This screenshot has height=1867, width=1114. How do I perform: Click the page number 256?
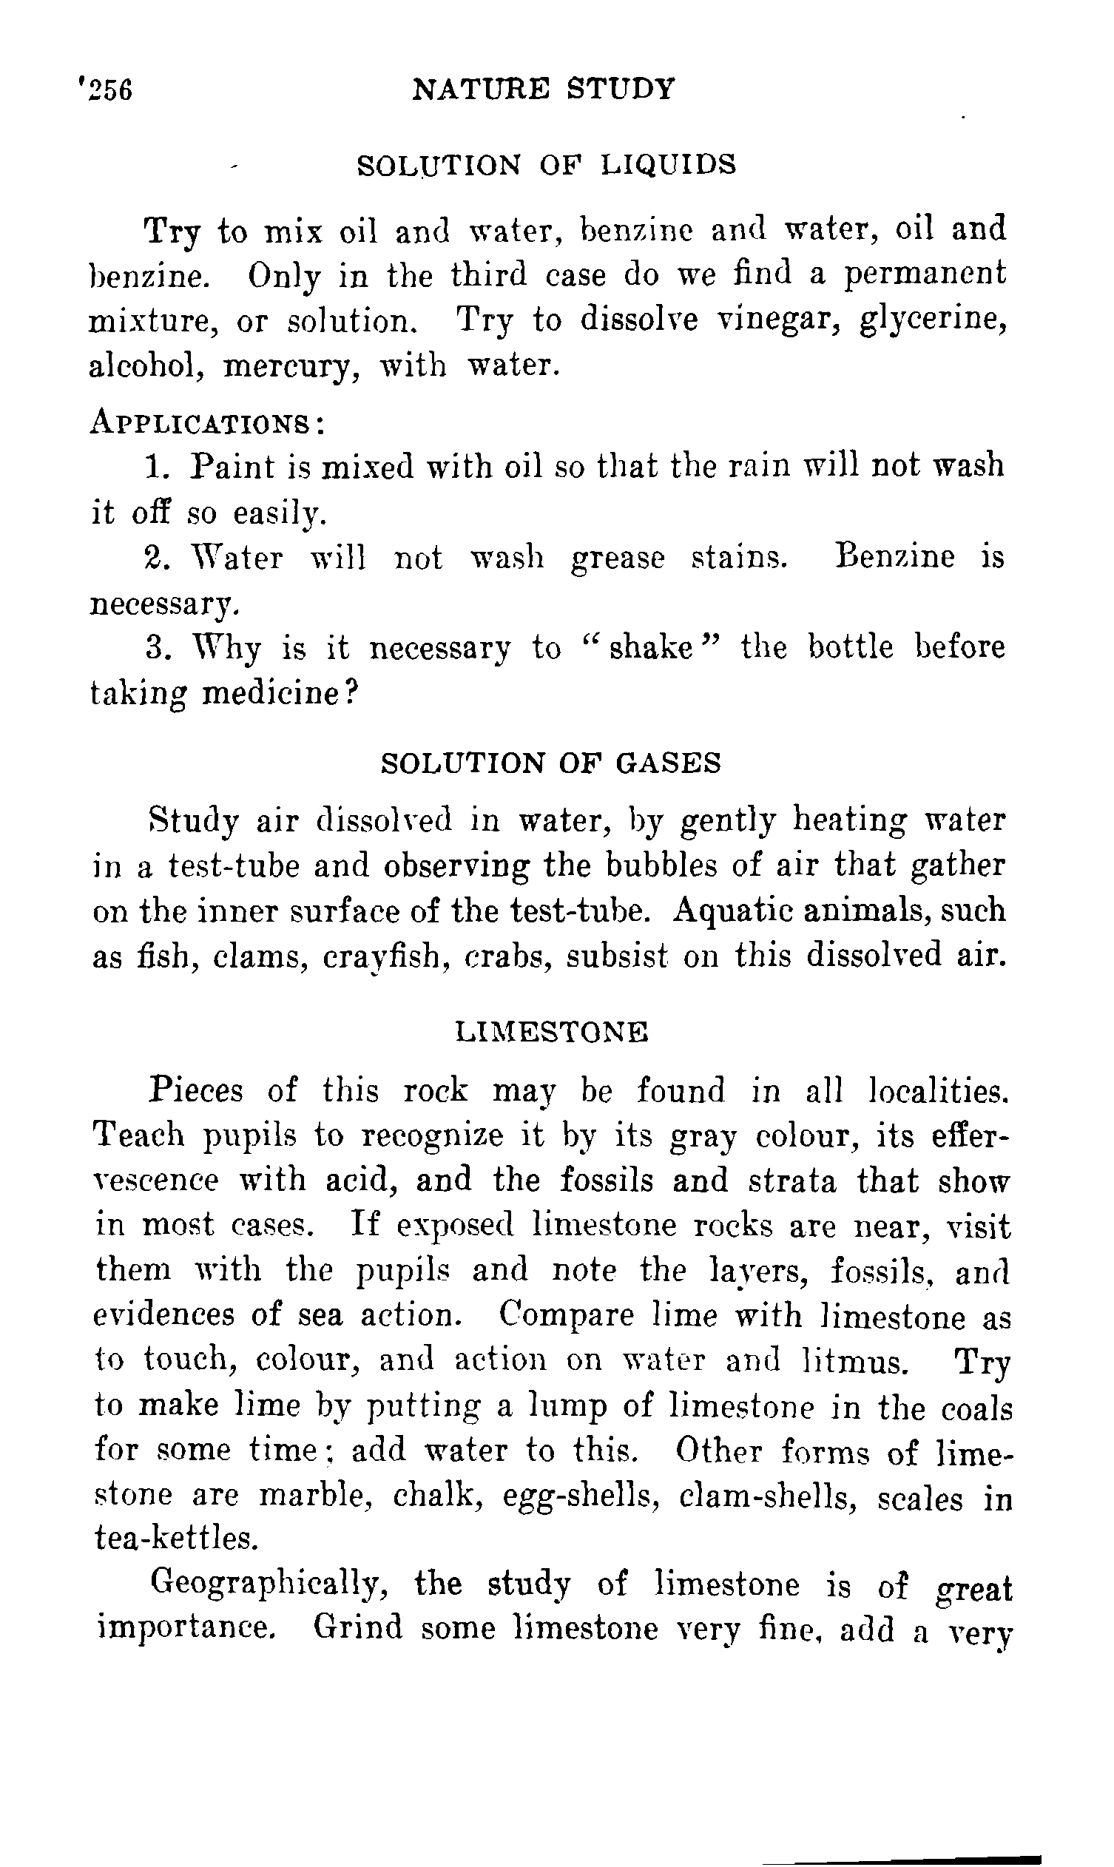point(109,91)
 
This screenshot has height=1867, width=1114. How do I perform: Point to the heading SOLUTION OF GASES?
point(551,763)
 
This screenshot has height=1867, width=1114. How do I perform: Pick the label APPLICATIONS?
point(207,422)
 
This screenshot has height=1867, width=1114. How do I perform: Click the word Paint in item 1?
point(233,467)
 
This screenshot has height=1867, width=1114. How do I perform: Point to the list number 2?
point(153,558)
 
